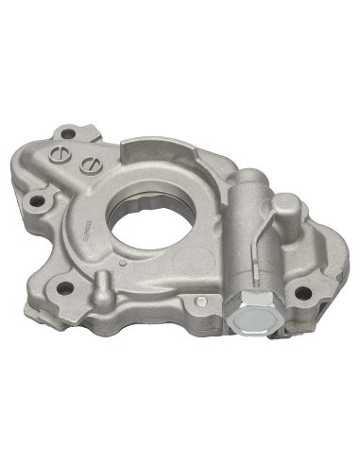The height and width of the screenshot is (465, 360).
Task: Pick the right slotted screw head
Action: pyautogui.click(x=90, y=163)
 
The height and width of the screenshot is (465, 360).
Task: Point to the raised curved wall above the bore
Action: pyautogui.click(x=156, y=151)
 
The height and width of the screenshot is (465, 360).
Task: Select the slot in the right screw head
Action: pyautogui.click(x=90, y=163)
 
